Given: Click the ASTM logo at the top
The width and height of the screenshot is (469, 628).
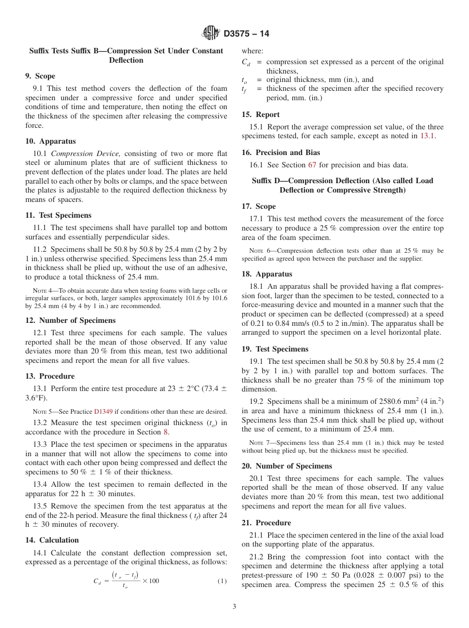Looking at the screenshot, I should coord(211,34).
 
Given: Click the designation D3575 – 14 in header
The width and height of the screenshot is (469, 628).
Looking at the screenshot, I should coord(246,34).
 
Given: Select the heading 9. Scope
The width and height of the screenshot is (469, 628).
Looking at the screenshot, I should coord(40,76).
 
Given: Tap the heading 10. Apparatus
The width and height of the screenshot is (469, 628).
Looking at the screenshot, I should coord(50,141).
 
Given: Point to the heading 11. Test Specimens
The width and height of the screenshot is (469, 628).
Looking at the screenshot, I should coord(58,215).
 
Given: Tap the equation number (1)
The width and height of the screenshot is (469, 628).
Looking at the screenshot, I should coord(222,581).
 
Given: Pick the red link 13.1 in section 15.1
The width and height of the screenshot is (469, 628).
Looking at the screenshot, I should coord(427,136).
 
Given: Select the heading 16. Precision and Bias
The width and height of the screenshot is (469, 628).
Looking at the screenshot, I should coord(280,153).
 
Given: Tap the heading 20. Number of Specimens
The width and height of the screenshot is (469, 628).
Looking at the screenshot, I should coord(286,466).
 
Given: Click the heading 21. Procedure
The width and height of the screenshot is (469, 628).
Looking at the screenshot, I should coord(266,523).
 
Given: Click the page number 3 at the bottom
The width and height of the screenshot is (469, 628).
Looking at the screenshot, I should coord(234,607).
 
